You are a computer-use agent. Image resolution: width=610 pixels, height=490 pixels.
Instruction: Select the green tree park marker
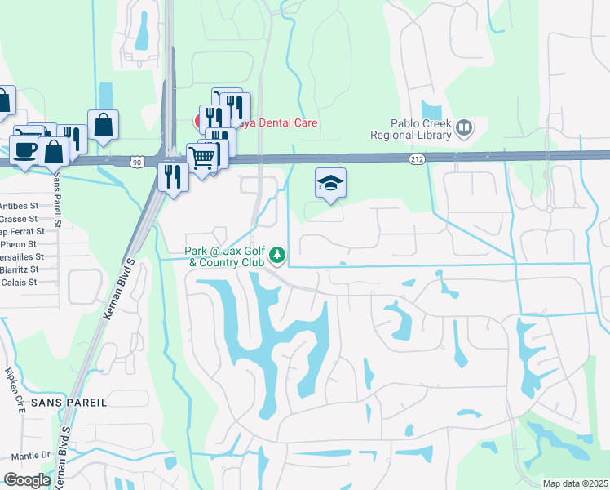click(x=277, y=256)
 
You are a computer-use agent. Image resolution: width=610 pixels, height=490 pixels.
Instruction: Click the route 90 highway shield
click(x=135, y=163)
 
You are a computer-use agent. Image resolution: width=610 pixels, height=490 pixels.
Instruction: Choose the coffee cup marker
click(x=23, y=150)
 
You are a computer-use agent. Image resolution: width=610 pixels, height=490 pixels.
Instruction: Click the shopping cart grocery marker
click(x=201, y=157)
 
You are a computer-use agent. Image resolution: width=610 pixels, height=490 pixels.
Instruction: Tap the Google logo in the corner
click(x=27, y=479)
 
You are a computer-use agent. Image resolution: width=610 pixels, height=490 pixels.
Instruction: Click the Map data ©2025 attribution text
click(x=575, y=483)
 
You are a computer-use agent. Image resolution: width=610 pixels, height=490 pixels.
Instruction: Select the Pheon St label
click(x=20, y=243)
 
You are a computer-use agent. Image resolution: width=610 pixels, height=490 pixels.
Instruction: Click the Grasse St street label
click(x=20, y=219)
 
